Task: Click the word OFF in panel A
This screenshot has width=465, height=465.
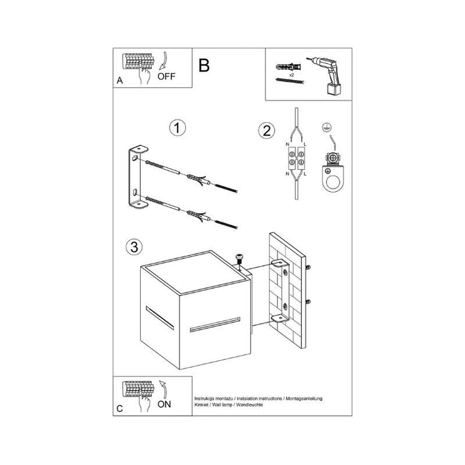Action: point(167,76)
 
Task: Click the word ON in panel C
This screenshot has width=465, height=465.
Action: point(164,404)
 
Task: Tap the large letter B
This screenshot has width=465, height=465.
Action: point(204,65)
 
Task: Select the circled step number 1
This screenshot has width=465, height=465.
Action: point(178,128)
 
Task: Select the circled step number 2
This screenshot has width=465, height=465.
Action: point(267,130)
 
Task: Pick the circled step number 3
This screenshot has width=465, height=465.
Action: point(134,247)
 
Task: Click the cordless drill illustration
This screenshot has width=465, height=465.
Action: point(325,75)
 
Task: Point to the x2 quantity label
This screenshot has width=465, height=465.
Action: point(291,75)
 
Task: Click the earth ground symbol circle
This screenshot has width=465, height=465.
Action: point(327,127)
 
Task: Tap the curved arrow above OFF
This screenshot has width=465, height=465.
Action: point(165,61)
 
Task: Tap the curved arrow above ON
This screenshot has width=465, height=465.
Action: point(163,389)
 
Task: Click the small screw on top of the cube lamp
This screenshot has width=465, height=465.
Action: point(239,258)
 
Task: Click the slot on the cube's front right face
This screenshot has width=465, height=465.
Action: point(214,325)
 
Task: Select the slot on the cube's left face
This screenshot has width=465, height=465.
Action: point(160,318)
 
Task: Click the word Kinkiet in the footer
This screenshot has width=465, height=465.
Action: point(201,405)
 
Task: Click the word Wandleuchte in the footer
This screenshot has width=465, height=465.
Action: point(249,405)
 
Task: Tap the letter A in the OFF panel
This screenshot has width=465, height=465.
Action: point(119,80)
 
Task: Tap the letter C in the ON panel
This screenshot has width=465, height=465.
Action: point(119,409)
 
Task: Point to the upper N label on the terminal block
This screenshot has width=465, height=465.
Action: point(287,145)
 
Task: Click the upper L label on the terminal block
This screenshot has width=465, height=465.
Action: point(305,145)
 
